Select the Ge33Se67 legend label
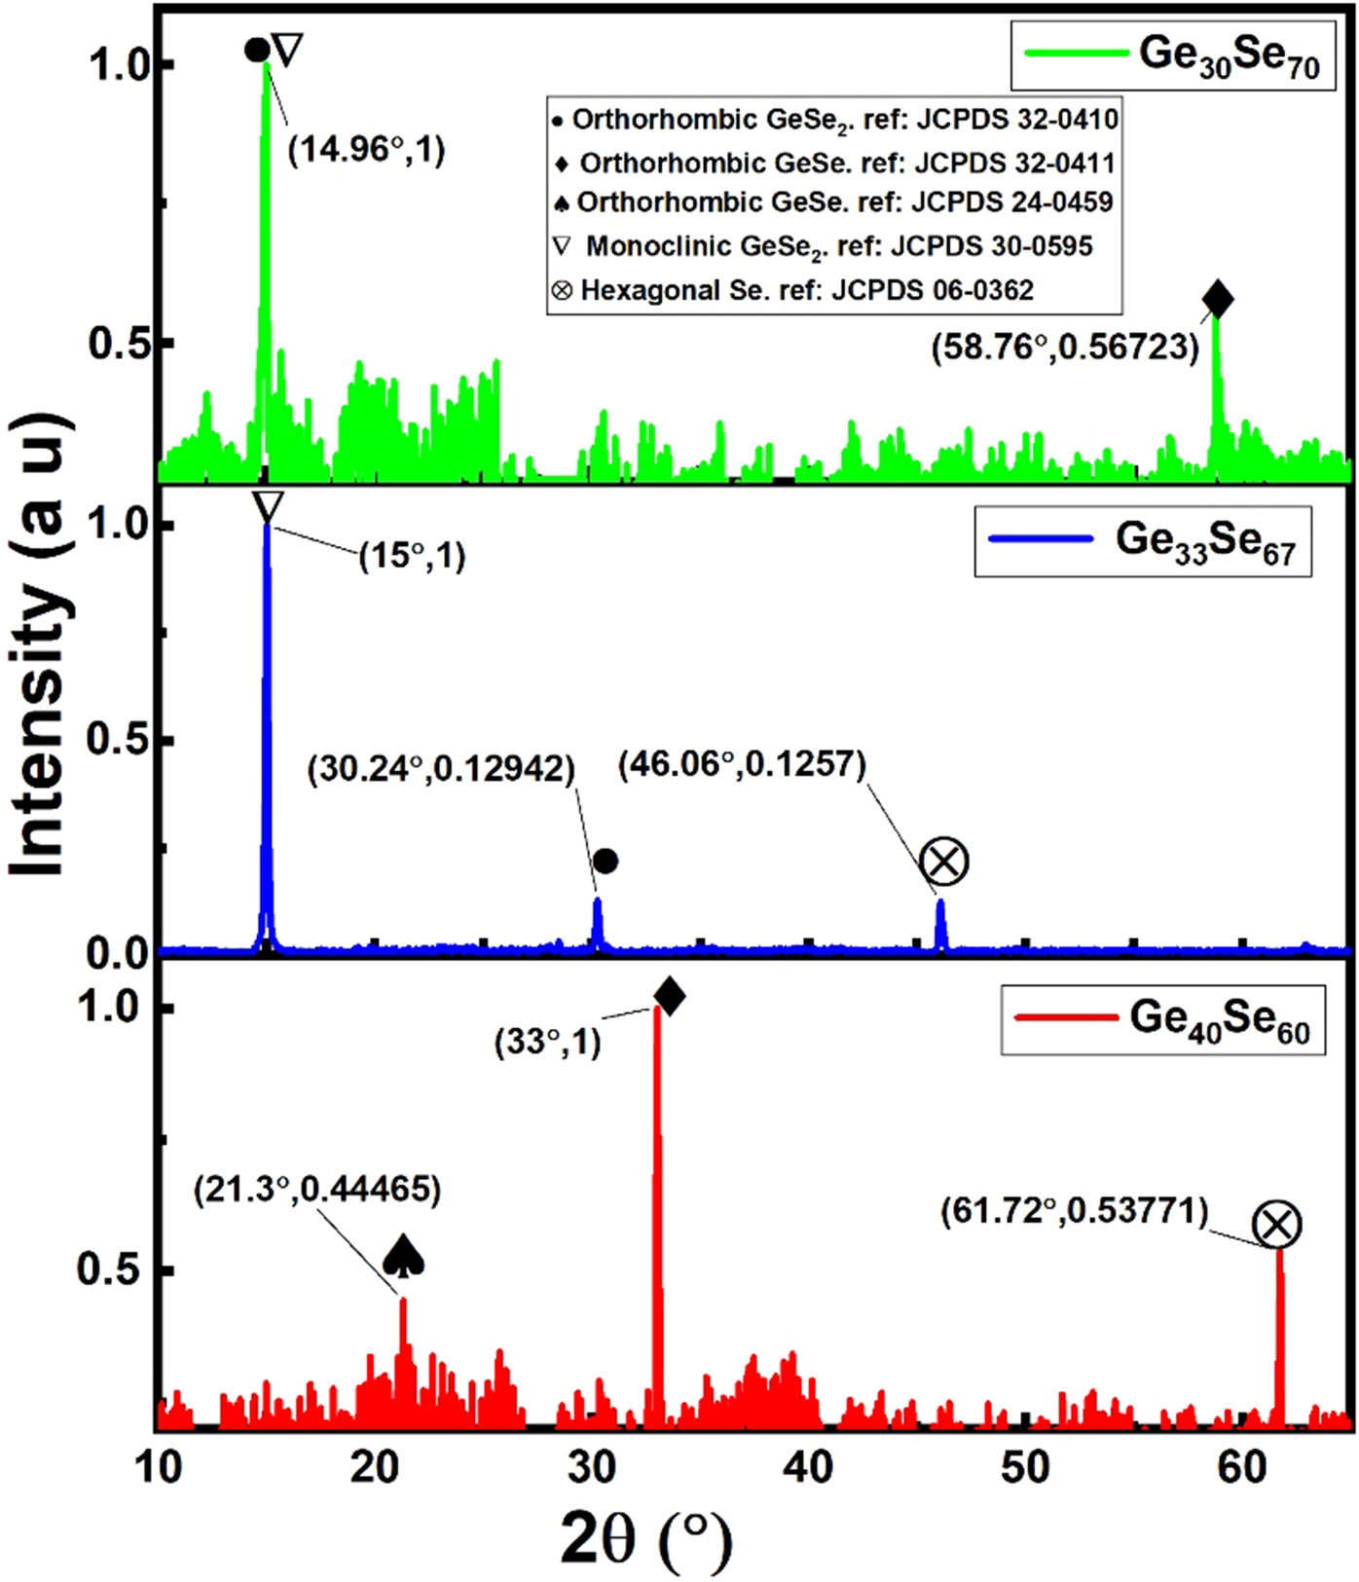click(1204, 541)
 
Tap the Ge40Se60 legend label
click(1219, 1019)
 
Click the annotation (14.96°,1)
click(366, 149)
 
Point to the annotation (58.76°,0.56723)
click(1065, 347)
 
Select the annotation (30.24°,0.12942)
click(441, 768)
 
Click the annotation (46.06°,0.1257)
click(742, 763)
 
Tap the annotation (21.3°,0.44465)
click(316, 1189)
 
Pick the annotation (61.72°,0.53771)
click(1074, 1211)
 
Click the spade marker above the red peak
click(403, 1256)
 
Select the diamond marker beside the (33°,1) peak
click(670, 996)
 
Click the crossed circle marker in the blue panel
click(943, 862)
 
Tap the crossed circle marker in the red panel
click(1276, 1224)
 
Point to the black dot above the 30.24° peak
click(606, 861)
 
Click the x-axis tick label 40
click(808, 1466)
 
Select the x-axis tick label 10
click(159, 1466)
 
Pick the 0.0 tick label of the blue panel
click(117, 952)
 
